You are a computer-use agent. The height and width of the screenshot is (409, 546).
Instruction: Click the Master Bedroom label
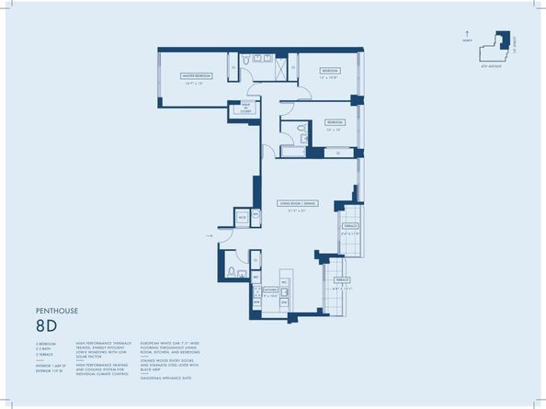point(197,76)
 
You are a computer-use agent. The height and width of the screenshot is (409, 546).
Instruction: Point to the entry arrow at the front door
point(210,235)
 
